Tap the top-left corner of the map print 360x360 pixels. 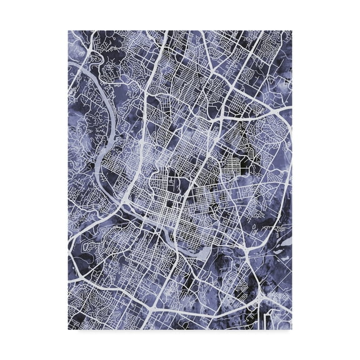point(68,31)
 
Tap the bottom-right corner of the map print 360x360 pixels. point(292,329)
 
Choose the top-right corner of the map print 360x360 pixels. point(292,31)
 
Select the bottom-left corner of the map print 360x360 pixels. point(68,329)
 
